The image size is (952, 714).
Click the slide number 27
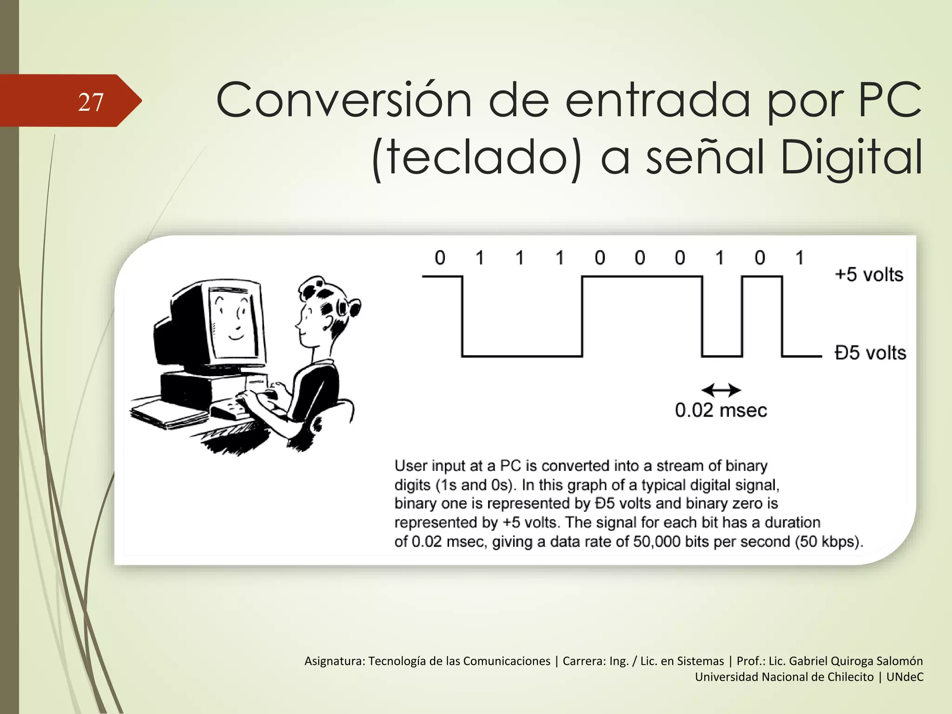(91, 102)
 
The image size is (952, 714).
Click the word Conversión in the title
(344, 100)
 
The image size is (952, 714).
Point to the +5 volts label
(869, 275)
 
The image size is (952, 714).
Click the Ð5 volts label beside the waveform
(870, 353)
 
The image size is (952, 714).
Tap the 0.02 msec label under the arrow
(721, 410)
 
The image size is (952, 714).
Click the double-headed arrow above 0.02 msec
(721, 390)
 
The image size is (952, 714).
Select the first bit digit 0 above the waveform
(440, 258)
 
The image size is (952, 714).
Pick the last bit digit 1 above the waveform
(800, 258)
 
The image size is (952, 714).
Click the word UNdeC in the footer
(905, 677)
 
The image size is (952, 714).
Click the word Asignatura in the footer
(334, 661)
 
